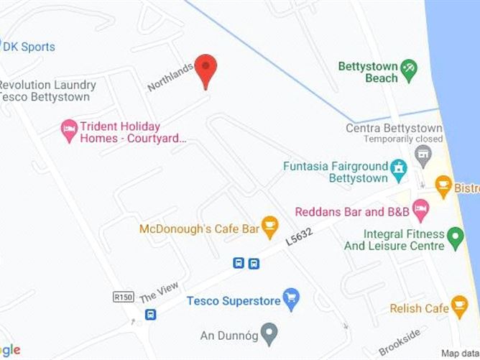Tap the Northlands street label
click(x=170, y=77)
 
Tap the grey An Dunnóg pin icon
click(x=269, y=334)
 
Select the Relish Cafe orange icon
click(x=461, y=308)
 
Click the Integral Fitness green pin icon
click(x=455, y=236)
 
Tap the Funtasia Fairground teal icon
click(x=398, y=171)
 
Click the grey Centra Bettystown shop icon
click(x=423, y=152)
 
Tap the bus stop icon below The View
click(x=151, y=315)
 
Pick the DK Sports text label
click(x=29, y=47)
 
